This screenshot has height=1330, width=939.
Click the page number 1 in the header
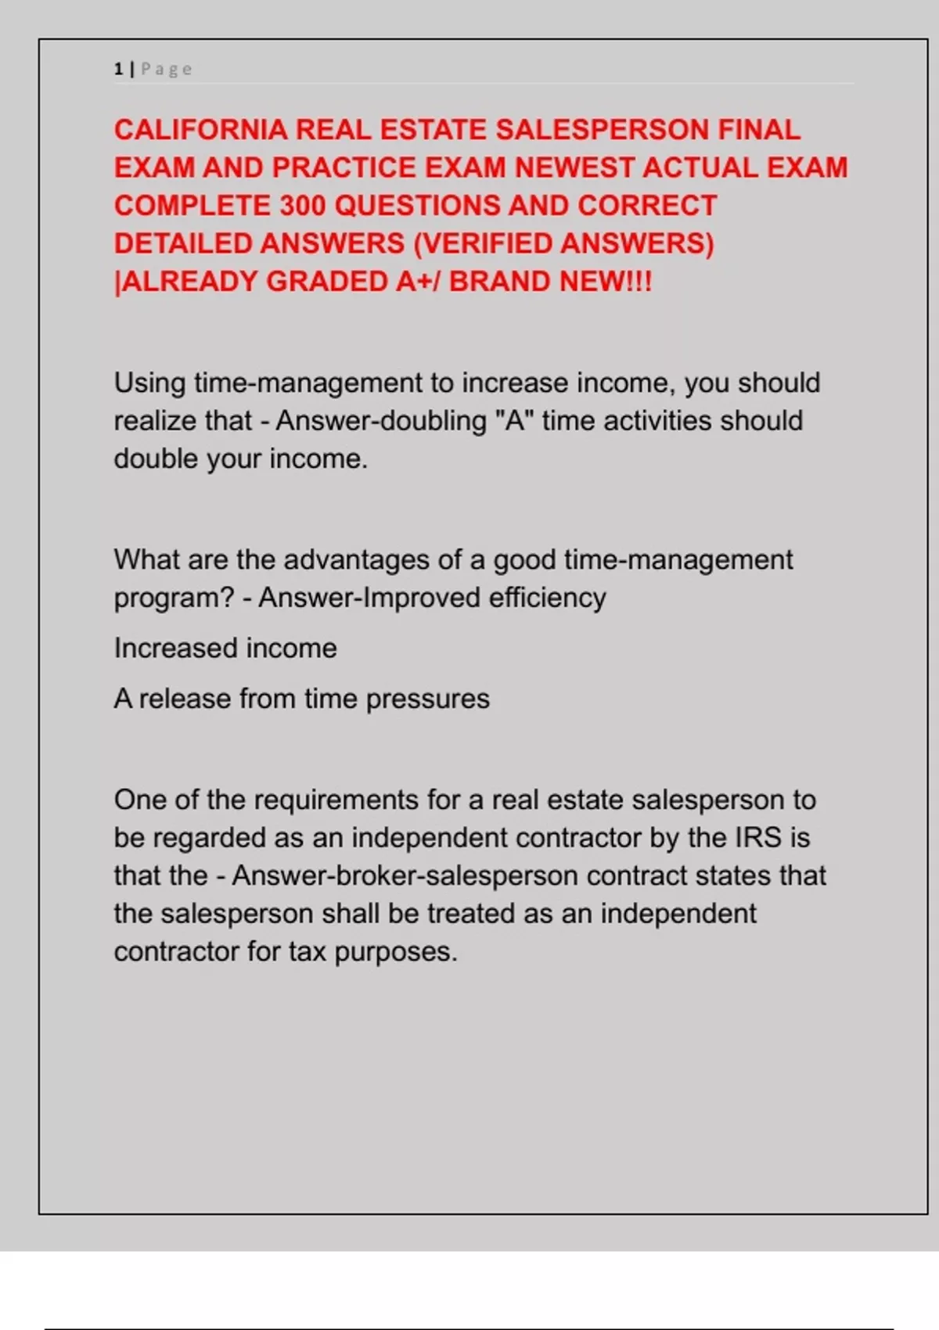(x=118, y=69)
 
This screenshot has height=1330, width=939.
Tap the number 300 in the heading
(x=303, y=206)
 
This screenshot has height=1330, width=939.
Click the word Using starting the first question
(x=150, y=383)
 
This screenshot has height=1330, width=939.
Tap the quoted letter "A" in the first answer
(x=514, y=421)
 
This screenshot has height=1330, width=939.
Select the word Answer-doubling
(x=381, y=421)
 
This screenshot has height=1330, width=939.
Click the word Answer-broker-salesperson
(x=405, y=875)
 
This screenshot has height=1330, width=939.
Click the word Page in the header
(x=166, y=69)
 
